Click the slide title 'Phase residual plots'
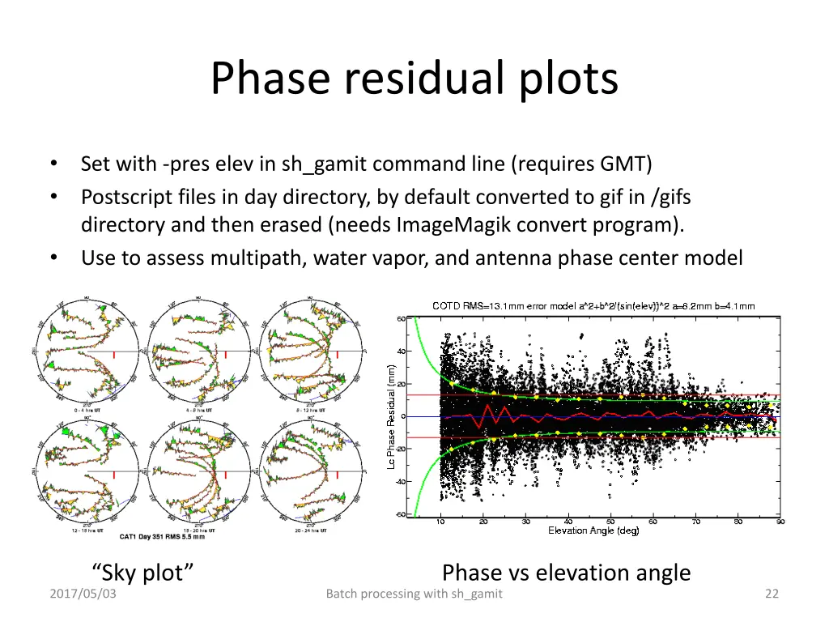click(x=414, y=79)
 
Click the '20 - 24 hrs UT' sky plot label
click(x=312, y=530)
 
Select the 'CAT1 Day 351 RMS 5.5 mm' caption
click(x=163, y=537)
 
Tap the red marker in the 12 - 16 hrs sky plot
click(x=114, y=475)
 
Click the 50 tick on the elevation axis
click(x=610, y=522)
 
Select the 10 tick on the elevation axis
click(x=440, y=522)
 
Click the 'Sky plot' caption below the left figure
click(x=143, y=573)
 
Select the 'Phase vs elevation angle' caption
click(x=566, y=573)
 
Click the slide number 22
click(x=771, y=594)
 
